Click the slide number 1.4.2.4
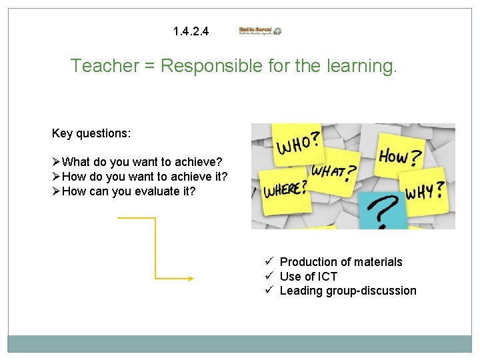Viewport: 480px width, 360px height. point(190,31)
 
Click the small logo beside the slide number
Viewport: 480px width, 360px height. point(260,31)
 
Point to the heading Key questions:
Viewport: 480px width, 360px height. point(91,133)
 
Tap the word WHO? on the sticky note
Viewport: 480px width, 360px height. point(298,142)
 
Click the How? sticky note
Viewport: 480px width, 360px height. point(400,157)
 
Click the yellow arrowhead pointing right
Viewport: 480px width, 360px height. point(190,279)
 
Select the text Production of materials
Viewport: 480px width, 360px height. point(341,262)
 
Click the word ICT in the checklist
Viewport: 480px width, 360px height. point(327,277)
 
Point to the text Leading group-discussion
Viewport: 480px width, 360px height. point(347,291)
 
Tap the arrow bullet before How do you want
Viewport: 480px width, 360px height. point(56,177)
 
